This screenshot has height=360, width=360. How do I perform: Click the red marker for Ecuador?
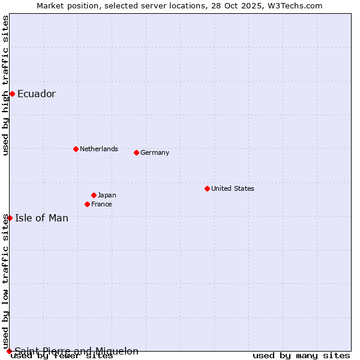tap(12, 94)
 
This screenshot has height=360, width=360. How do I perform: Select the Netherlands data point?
tap(76, 149)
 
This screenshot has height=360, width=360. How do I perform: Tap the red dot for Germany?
tap(136, 152)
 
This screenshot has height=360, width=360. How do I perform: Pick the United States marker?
tap(207, 188)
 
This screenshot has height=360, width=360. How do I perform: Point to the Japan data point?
tap(94, 195)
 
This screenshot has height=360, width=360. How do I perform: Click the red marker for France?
tap(87, 204)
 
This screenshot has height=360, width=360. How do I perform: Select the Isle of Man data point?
tap(10, 218)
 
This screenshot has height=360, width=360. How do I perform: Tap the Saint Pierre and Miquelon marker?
tap(9, 351)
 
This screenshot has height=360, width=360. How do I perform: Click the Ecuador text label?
tap(37, 94)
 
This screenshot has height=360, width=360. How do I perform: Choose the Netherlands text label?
tap(99, 149)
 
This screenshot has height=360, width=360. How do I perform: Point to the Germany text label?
tap(155, 152)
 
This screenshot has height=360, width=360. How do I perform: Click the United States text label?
tap(233, 188)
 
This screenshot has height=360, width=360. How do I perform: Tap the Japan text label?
tap(107, 195)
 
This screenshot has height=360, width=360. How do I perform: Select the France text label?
tap(101, 204)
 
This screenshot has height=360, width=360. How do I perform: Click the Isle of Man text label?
tap(42, 218)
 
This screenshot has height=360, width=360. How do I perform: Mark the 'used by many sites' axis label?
tap(301, 356)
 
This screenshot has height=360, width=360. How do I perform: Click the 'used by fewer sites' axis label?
tap(62, 356)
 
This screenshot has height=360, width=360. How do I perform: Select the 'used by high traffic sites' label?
tap(5, 85)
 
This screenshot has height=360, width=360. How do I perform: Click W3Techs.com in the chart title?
tap(295, 5)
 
